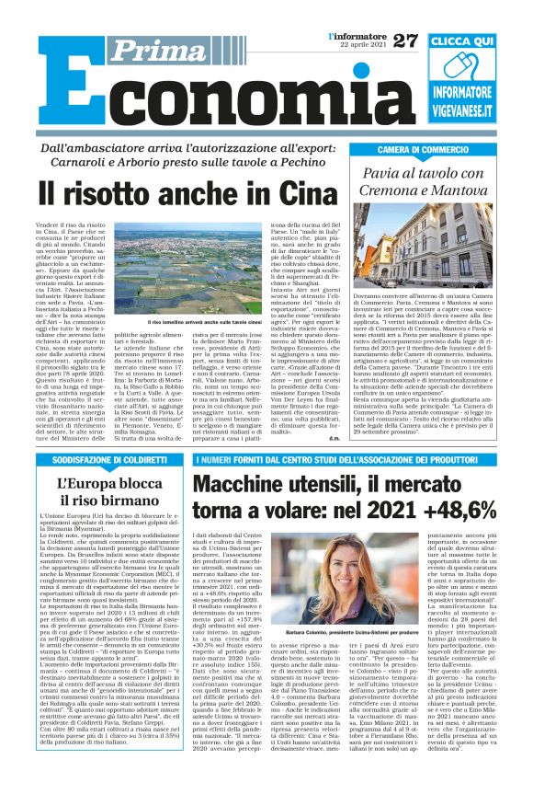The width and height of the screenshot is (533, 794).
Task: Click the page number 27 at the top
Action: coord(405,40)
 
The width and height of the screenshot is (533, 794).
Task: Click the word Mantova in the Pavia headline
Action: coord(476,189)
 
